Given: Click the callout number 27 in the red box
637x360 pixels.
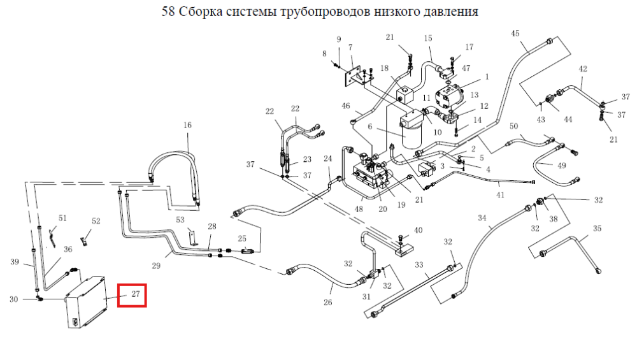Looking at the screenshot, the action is (136, 294).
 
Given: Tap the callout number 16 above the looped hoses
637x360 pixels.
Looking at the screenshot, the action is (187, 125).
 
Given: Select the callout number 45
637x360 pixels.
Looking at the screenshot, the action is (515, 33).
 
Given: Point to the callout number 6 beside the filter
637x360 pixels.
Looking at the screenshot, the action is (369, 127).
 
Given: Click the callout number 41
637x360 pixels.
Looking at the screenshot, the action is (500, 195).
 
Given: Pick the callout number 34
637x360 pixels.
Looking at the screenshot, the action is (482, 218).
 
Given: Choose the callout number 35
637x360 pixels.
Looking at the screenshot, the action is (597, 228).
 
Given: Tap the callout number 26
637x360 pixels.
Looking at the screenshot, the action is (328, 302).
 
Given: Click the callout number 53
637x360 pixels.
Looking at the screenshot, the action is (180, 220).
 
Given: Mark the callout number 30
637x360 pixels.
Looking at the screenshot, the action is (14, 299).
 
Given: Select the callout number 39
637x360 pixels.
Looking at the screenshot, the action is (15, 262).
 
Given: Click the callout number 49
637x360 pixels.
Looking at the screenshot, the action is (561, 166).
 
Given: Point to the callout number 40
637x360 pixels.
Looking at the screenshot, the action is (418, 231).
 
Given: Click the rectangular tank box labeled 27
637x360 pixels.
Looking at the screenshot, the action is (86, 302).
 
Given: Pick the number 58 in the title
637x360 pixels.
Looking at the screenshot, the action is (168, 11).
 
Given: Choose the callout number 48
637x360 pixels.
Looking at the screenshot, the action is (359, 209).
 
